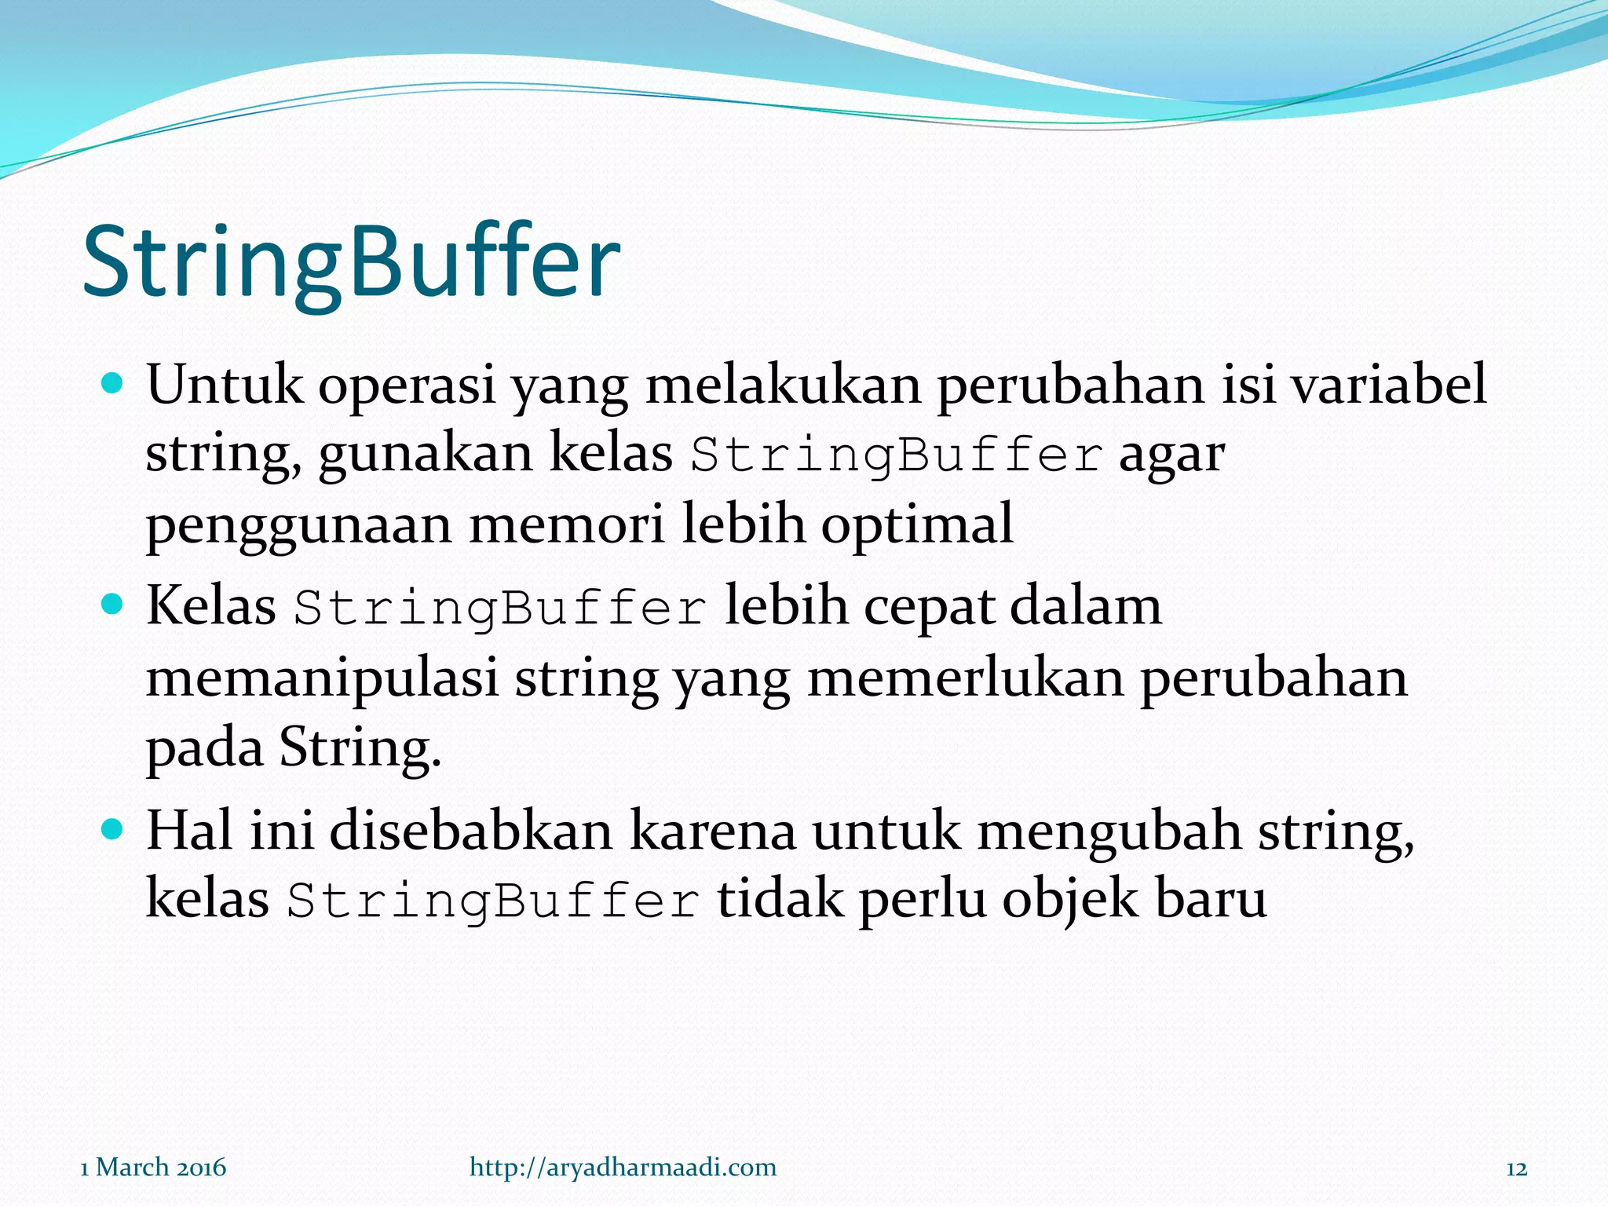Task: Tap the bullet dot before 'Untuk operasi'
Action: [113, 384]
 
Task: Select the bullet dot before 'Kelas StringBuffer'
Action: [113, 605]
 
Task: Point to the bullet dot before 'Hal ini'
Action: [113, 829]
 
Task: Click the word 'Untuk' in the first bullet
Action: [225, 385]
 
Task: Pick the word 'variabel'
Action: [1389, 385]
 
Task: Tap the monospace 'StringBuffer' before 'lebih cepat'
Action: [500, 608]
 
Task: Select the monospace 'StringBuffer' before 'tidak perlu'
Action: [493, 901]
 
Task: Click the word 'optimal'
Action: [917, 524]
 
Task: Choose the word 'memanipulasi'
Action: [322, 678]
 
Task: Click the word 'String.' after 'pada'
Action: [360, 747]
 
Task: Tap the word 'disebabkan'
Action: [470, 831]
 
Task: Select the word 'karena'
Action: [712, 831]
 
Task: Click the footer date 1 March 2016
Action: [153, 1168]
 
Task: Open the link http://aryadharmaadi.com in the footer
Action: [623, 1168]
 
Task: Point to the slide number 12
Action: [1517, 1169]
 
